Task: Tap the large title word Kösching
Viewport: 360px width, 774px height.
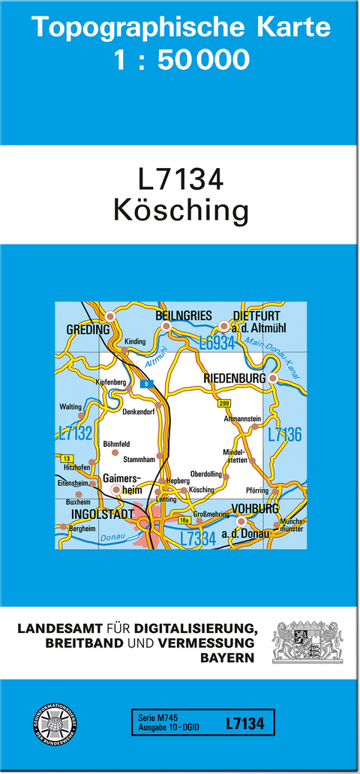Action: [181, 211]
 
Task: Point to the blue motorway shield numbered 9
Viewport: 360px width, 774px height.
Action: [148, 384]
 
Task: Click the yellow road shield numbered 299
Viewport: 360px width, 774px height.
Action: [223, 403]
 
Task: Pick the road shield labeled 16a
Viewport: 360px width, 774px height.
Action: [183, 519]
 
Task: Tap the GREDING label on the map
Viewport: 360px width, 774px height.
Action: [88, 329]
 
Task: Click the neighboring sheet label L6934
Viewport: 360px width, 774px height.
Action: [217, 343]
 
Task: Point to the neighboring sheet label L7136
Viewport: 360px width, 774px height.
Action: [285, 433]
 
